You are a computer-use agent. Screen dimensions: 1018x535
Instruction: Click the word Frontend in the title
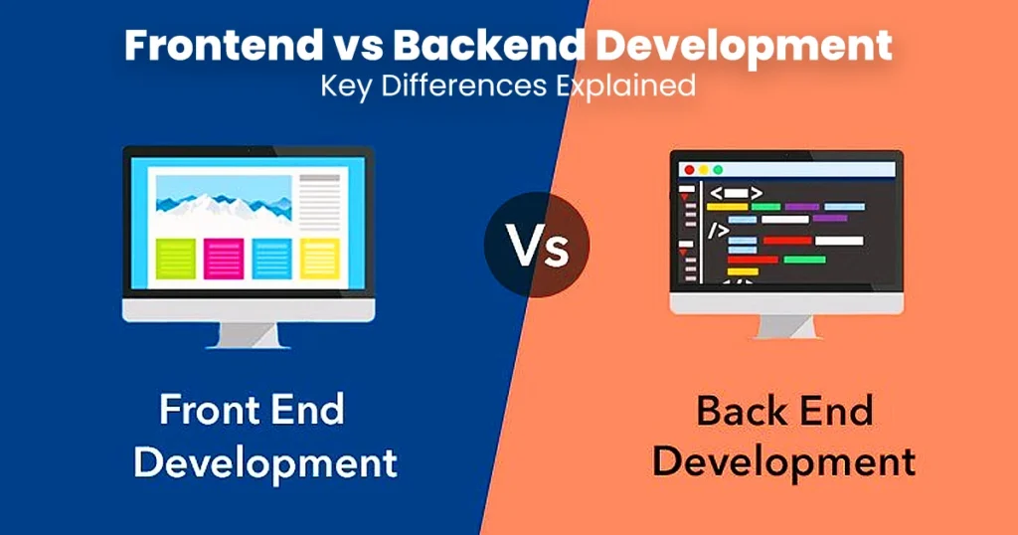tap(224, 46)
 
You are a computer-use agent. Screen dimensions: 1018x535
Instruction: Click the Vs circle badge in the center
tap(537, 245)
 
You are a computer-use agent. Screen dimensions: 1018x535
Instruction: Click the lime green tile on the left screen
tap(176, 259)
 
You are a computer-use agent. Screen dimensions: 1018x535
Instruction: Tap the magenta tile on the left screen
tap(224, 259)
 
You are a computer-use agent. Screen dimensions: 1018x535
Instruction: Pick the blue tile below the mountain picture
tap(272, 259)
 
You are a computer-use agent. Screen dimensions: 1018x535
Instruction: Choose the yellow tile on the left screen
tap(319, 259)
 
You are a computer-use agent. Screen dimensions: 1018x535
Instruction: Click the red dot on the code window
tap(690, 170)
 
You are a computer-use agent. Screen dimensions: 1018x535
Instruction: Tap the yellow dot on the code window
tap(704, 170)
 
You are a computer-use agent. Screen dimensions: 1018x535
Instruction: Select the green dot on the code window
tap(718, 170)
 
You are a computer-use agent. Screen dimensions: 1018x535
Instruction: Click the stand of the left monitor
tap(249, 336)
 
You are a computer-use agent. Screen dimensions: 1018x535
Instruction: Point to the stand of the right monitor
tap(786, 326)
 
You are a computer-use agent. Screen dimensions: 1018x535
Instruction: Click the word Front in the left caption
tap(207, 411)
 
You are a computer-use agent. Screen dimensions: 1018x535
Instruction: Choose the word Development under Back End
tap(784, 463)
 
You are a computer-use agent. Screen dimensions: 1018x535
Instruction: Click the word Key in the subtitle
tap(346, 87)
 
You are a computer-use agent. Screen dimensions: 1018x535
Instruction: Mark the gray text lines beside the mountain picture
tap(319, 202)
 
